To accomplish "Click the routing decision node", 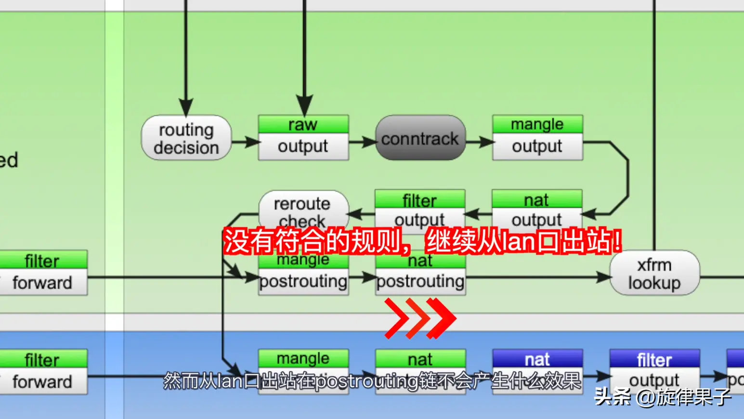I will (x=186, y=138).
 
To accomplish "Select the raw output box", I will (x=303, y=138).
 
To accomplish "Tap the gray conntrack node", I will (x=420, y=138).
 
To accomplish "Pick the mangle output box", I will (x=537, y=138).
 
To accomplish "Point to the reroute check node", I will (x=303, y=209).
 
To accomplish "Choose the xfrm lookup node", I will (x=654, y=273).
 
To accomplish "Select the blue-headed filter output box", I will (x=654, y=371).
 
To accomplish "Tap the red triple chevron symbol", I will (x=419, y=318).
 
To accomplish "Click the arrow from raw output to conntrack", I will (x=362, y=142).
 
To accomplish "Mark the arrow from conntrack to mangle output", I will (x=480, y=142).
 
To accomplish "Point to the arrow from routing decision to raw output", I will (x=246, y=142).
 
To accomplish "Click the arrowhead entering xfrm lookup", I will (x=604, y=277).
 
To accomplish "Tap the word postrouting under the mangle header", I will (x=303, y=281).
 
